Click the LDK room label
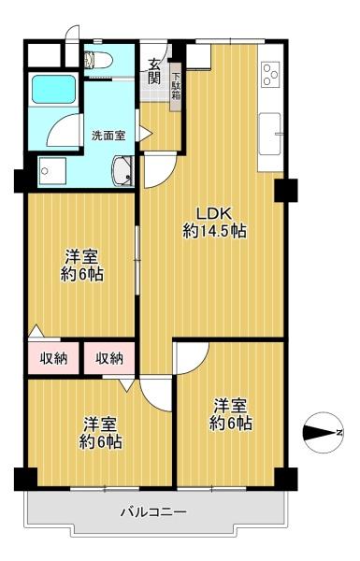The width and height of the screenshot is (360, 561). click(x=214, y=213)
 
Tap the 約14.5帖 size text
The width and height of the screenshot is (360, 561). click(x=214, y=231)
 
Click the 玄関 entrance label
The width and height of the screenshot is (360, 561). click(x=154, y=72)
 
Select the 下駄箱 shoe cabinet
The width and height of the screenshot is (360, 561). click(x=176, y=87)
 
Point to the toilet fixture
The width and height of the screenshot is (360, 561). click(x=97, y=60)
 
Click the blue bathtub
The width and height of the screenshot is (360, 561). click(x=53, y=89)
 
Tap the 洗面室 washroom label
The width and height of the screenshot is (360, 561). click(x=108, y=136)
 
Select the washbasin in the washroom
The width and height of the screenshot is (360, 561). click(x=122, y=171)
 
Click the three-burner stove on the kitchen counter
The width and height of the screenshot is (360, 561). click(x=271, y=74)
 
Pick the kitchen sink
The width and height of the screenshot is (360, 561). click(x=270, y=134)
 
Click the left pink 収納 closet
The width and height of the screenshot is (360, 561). click(x=53, y=358)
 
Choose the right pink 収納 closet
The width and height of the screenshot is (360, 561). click(x=109, y=358)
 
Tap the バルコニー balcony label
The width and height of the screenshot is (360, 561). click(x=153, y=512)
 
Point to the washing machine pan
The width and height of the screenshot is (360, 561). click(x=52, y=171)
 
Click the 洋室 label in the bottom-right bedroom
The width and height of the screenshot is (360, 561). click(x=230, y=407)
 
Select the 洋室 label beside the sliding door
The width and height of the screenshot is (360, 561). click(x=81, y=258)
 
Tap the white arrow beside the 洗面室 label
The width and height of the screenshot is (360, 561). click(x=146, y=134)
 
